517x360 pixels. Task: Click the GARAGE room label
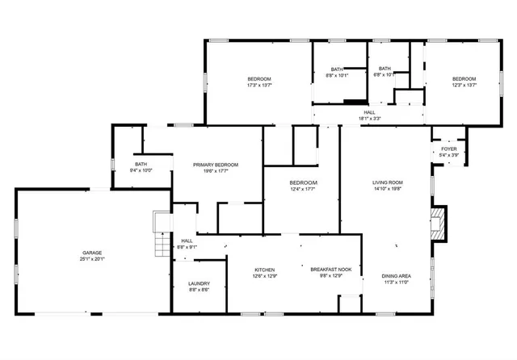91,253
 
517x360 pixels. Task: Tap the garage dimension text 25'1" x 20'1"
91,259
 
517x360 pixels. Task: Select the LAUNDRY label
199,283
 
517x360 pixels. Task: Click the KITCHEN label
266,270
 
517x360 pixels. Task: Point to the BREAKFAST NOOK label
333,270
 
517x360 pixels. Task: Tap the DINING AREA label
396,276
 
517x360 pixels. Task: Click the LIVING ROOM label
388,182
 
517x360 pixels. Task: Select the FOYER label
448,149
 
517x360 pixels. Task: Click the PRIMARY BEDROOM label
216,164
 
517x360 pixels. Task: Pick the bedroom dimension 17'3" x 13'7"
259,85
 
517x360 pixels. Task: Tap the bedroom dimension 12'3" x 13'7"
464,85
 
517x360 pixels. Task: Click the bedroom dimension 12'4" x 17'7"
304,190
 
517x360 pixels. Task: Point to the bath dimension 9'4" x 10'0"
141,170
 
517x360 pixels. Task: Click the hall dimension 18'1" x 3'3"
369,119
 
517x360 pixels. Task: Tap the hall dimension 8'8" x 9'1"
187,247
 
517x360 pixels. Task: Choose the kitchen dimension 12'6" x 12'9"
266,276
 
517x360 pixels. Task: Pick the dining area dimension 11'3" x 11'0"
396,283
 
